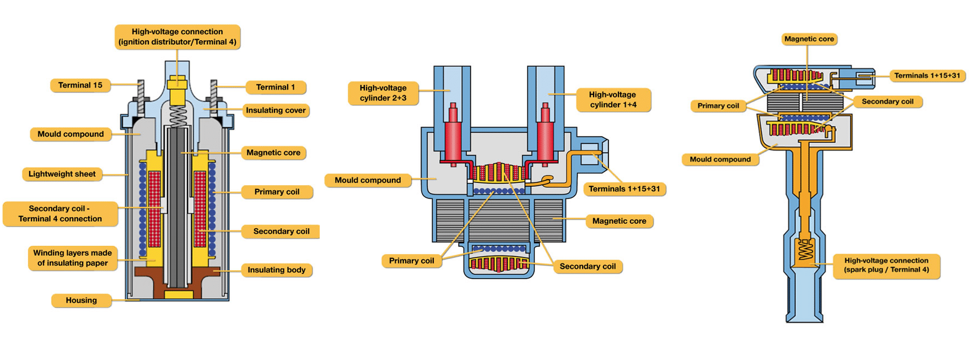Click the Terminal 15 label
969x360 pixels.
coord(80,85)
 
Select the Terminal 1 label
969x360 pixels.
coord(275,87)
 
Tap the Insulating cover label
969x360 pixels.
coord(276,110)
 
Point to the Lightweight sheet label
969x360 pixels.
coord(62,174)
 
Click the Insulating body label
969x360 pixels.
coord(276,270)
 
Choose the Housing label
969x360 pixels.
coord(81,300)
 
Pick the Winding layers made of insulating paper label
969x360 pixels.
coord(72,258)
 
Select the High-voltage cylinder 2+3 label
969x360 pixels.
coord(383,93)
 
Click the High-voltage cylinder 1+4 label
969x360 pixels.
coord(613,100)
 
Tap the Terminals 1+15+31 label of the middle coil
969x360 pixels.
coord(624,189)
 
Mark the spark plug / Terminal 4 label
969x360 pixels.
coord(886,265)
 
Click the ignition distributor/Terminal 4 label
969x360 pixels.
coord(177,37)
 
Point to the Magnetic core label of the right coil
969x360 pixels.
coord(809,39)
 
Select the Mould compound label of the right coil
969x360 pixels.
coord(720,159)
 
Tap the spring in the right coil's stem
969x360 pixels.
coord(806,250)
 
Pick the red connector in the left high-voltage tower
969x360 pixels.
coord(453,135)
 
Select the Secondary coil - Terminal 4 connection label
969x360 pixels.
coord(60,214)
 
